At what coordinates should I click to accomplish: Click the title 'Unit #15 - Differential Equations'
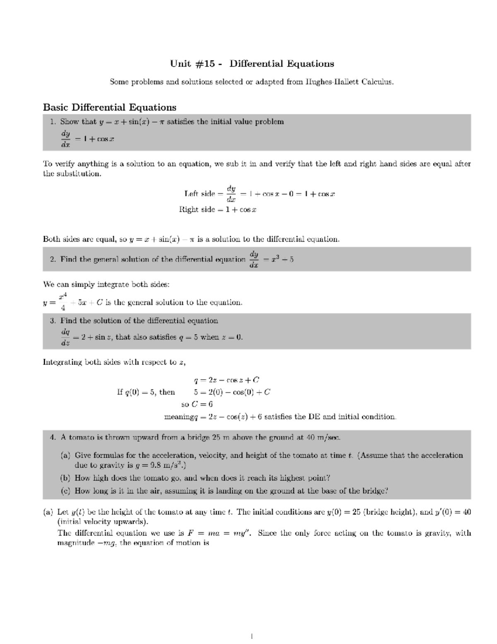click(x=252, y=64)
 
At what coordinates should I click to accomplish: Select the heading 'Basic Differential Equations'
click(x=110, y=107)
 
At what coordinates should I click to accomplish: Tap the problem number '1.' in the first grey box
click(x=53, y=122)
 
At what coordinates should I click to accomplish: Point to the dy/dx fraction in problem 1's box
click(x=65, y=139)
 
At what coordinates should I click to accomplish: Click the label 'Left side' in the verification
click(x=200, y=194)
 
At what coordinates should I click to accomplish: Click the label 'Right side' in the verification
click(x=197, y=209)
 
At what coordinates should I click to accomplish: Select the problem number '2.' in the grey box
click(x=53, y=260)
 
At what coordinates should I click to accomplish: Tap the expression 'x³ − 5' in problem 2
click(x=281, y=260)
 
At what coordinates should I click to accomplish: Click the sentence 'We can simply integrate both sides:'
click(x=106, y=284)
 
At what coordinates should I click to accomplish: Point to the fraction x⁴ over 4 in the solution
click(x=63, y=302)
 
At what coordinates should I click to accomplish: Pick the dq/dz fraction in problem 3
click(x=65, y=337)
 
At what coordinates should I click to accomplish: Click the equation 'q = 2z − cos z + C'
click(x=226, y=380)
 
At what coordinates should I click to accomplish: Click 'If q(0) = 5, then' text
click(x=146, y=392)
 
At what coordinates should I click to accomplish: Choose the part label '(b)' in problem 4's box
click(x=65, y=478)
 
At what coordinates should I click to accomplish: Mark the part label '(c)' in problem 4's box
click(x=65, y=491)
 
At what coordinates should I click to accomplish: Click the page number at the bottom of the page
click(x=252, y=635)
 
